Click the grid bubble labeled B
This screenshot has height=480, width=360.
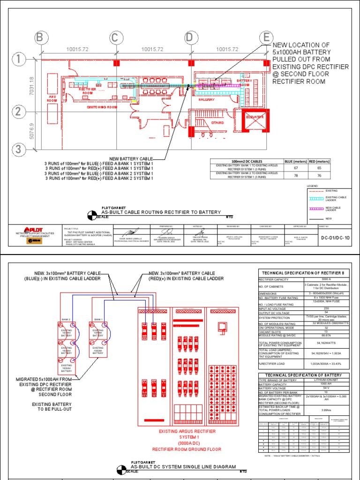[40, 37]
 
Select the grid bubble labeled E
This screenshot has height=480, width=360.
[267, 37]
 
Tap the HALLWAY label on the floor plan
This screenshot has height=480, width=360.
[206, 100]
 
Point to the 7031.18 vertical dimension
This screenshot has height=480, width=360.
[31, 86]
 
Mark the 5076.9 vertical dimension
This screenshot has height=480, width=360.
[31, 131]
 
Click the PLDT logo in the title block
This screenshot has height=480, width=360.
[32, 230]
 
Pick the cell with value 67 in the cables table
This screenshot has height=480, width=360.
[296, 167]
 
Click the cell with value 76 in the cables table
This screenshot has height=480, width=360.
[320, 176]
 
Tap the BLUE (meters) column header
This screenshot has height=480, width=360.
[296, 161]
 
